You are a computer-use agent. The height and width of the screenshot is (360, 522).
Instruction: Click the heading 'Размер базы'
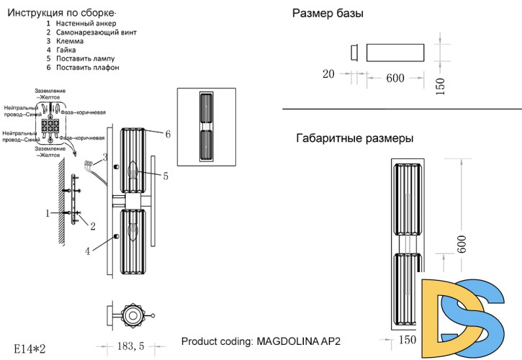[328, 14]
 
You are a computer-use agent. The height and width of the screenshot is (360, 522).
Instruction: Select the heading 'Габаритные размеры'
[354, 138]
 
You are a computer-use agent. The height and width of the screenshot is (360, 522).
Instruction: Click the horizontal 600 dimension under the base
[395, 78]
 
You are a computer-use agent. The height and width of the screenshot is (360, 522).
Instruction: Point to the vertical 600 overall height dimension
[462, 247]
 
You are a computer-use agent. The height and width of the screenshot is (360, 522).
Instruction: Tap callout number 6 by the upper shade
[167, 134]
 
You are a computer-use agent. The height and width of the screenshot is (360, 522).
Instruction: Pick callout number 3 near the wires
[104, 156]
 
